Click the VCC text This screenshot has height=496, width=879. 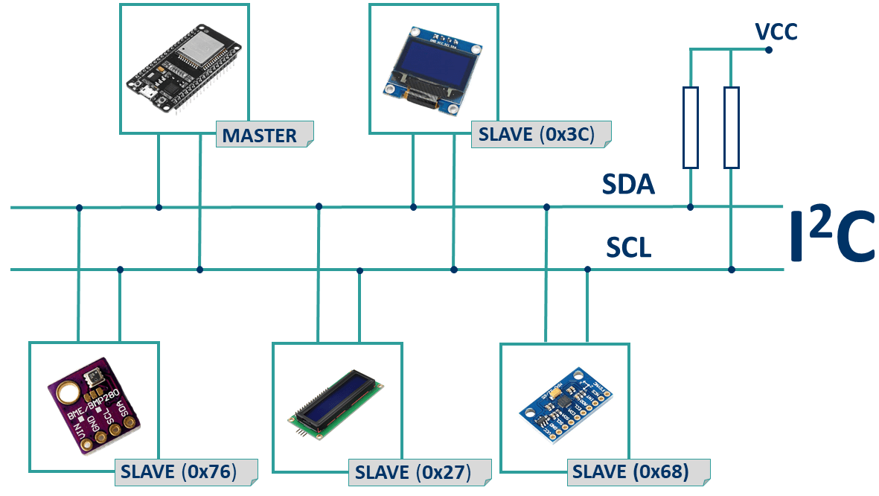[x=776, y=31]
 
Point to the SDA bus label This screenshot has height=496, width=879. [x=628, y=184]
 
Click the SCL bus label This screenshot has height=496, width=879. [x=628, y=247]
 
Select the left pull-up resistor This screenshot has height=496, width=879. [x=691, y=127]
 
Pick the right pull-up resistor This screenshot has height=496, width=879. [x=732, y=127]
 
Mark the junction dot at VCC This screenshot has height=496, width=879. [x=769, y=50]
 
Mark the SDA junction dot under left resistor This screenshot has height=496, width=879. [x=691, y=207]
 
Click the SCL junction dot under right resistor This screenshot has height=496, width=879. [x=732, y=270]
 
